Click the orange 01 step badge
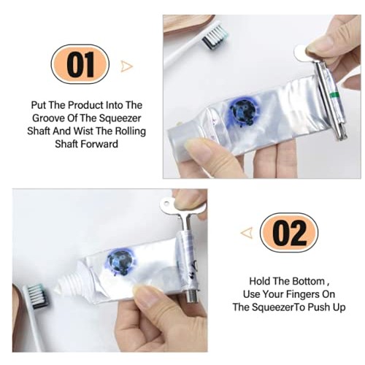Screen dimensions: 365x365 click(x=79, y=65)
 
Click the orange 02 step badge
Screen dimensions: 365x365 click(x=289, y=233)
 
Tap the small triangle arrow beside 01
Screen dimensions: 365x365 click(x=127, y=66)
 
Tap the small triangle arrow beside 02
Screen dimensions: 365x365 click(x=247, y=233)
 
